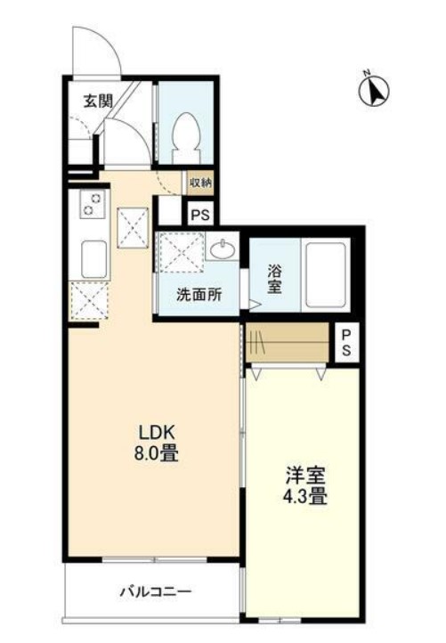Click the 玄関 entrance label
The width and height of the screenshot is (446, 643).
coord(98,101)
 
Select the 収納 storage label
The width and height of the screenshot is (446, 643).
coord(201,183)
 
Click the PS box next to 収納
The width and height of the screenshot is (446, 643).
coord(201,214)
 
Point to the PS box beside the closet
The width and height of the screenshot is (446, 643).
coord(347,343)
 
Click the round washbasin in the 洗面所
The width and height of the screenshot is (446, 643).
coord(222,248)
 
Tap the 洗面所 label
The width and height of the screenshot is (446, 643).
coord(199,295)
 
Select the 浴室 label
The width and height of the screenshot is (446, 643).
coord(275,279)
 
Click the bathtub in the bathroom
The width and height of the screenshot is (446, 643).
coord(326,274)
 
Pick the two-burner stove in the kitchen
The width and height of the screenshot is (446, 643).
coord(93,204)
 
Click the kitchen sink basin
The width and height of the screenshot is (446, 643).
coord(93,259)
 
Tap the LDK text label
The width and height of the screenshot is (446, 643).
coord(158,432)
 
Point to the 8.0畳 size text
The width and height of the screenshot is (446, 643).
coord(156,453)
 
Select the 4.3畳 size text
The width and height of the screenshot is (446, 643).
coord(305,497)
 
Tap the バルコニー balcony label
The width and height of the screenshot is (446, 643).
coord(156,591)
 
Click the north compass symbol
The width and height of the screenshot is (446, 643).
coord(374,91)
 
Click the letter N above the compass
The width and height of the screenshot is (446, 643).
coord(367,73)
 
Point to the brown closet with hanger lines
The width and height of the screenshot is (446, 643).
coord(288,342)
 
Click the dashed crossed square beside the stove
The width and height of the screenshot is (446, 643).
coord(133,228)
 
